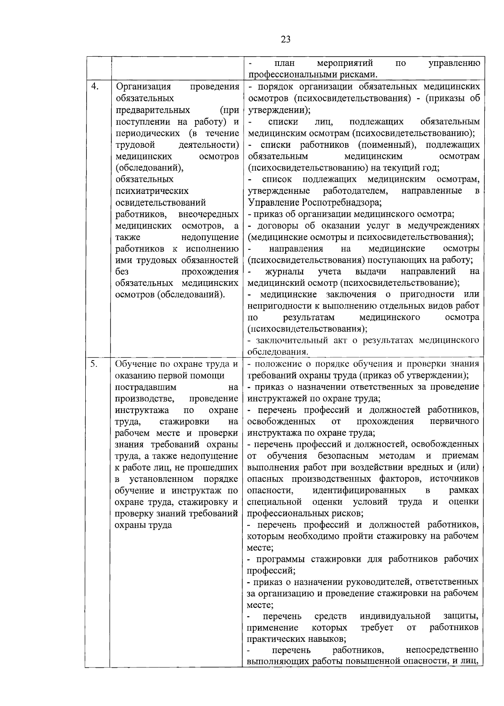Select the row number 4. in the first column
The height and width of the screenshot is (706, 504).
pos(95,86)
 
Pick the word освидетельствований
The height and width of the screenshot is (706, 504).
pos(160,203)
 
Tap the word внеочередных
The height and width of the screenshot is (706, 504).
pos(209,214)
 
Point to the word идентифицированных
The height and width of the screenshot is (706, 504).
pos(359,490)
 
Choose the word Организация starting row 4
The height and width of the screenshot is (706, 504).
pos(143,86)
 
